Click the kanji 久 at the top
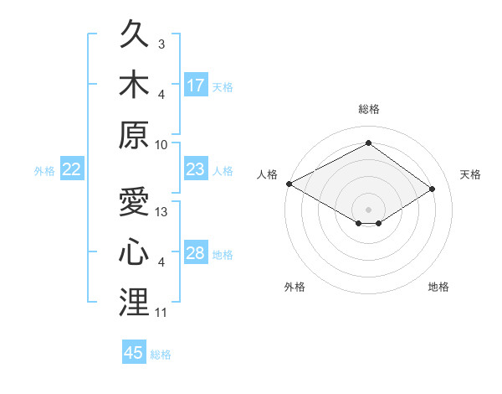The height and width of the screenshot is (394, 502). (x=134, y=34)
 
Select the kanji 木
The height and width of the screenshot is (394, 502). (x=134, y=84)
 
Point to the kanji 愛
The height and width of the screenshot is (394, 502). (x=134, y=201)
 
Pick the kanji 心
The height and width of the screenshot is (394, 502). (x=134, y=251)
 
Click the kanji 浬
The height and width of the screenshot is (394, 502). (x=134, y=302)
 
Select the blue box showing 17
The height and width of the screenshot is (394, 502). (x=196, y=85)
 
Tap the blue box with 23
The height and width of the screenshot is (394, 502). (x=196, y=168)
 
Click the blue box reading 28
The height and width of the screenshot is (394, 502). (x=196, y=251)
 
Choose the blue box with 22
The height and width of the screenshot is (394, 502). (x=72, y=168)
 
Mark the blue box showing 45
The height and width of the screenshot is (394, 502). (x=134, y=351)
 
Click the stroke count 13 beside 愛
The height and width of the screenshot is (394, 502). (x=161, y=212)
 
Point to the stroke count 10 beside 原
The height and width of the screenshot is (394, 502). (x=161, y=145)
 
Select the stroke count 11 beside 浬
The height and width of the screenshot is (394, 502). (x=161, y=313)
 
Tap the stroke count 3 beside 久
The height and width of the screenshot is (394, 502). (x=161, y=44)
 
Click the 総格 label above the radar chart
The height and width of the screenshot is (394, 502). (x=369, y=109)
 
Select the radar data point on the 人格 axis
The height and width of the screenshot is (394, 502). (x=289, y=184)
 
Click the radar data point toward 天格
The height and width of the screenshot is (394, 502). (x=432, y=189)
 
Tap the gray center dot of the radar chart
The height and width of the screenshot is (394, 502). (x=368, y=210)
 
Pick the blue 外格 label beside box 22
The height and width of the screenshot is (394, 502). (x=44, y=171)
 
